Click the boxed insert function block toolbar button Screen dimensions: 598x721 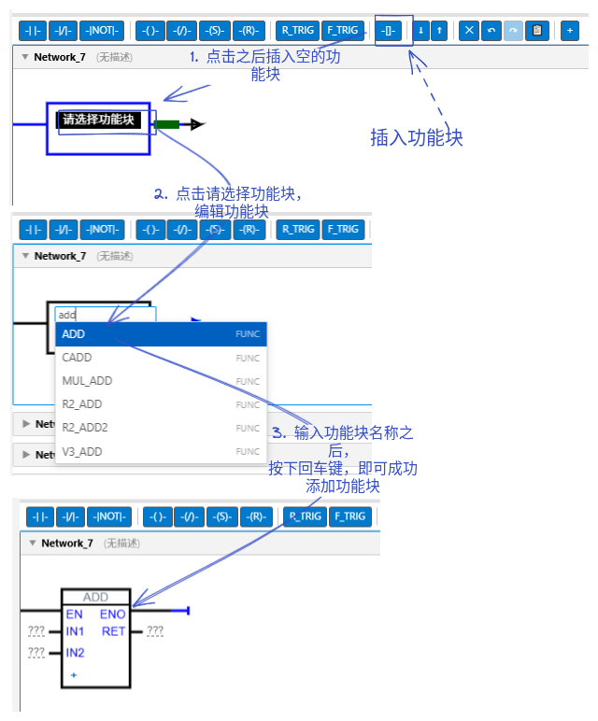pos(389,31)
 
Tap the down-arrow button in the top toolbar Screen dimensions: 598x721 pos(420,31)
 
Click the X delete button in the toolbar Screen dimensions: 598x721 pos(469,31)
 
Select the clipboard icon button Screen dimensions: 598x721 pos(537,31)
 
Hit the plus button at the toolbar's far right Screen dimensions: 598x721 pos(569,31)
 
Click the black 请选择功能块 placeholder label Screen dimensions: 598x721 pos(98,120)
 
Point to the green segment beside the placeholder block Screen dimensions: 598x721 pos(166,124)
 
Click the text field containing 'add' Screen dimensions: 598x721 pos(106,315)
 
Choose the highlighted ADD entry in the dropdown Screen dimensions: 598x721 pos(161,333)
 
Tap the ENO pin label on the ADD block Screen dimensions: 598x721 pos(113,615)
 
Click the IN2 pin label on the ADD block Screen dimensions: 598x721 pos(75,653)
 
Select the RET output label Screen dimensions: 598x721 pos(114,631)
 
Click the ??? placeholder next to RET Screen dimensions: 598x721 pos(155,631)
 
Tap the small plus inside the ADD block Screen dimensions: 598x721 pos(74,675)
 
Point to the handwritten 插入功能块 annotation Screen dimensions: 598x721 pos(417,137)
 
